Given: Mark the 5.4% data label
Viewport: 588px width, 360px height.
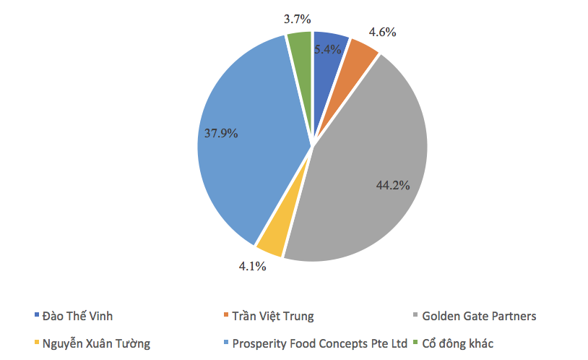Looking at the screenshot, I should pyautogui.click(x=328, y=51).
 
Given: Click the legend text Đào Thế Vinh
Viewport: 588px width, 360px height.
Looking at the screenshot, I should pyautogui.click(x=78, y=316).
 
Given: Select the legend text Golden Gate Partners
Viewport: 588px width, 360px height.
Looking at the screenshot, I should pyautogui.click(x=479, y=316).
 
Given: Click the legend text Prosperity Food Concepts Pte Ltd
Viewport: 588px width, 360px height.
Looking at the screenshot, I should pyautogui.click(x=321, y=343).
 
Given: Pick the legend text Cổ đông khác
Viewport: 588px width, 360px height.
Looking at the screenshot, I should pyautogui.click(x=458, y=343).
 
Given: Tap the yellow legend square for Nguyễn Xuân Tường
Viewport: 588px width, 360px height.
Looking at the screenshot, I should pyautogui.click(x=36, y=343).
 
